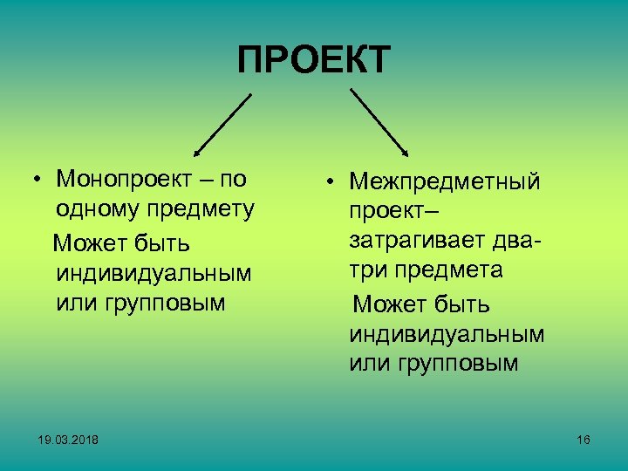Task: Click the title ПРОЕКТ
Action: pos(314,61)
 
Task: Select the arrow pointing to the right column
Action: pos(379,122)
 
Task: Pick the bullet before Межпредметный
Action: pos(332,183)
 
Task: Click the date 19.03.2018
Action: pos(69,440)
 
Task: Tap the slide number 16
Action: pos(584,440)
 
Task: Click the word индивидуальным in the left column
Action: pos(154,273)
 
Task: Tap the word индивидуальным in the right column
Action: pos(447,334)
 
